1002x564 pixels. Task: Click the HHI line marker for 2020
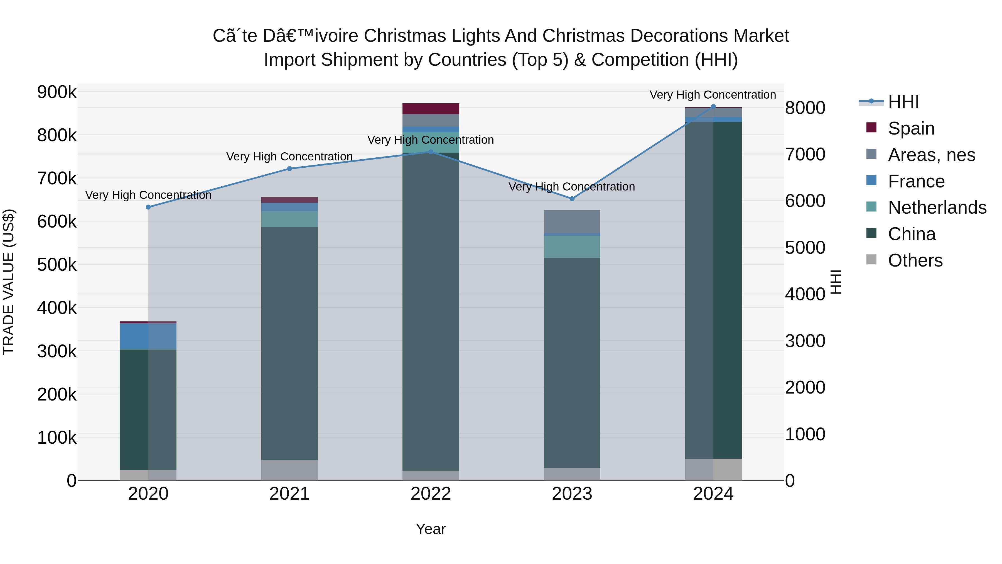click(148, 207)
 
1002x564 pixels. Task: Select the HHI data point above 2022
click(431, 152)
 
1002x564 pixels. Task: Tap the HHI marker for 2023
click(572, 199)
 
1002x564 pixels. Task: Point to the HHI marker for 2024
click(713, 107)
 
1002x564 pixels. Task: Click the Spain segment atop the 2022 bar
click(431, 109)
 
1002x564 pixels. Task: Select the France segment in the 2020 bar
click(148, 336)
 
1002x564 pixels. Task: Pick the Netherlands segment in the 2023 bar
click(572, 247)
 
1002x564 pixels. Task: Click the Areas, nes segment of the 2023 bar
click(572, 221)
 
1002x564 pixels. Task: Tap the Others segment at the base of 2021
click(289, 470)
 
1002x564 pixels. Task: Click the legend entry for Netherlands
click(937, 207)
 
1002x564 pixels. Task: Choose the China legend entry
click(911, 234)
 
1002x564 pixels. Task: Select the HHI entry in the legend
click(903, 102)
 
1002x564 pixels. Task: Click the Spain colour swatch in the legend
click(871, 128)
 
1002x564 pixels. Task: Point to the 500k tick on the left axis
click(57, 265)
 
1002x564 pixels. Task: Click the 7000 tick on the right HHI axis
click(805, 155)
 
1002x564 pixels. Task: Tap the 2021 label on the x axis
click(289, 494)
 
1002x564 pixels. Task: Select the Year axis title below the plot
click(431, 529)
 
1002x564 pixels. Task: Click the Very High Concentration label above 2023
click(571, 187)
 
